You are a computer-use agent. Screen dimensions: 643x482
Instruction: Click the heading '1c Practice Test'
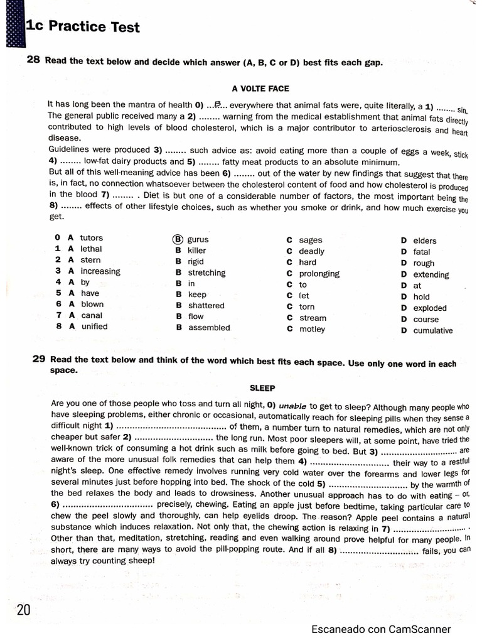point(82,27)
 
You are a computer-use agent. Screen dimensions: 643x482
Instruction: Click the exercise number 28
point(34,60)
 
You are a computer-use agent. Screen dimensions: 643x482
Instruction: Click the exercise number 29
point(39,359)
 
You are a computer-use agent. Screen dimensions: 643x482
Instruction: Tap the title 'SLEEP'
point(262,388)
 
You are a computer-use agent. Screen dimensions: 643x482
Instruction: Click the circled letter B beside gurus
point(178,239)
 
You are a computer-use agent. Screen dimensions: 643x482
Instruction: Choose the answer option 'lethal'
point(91,249)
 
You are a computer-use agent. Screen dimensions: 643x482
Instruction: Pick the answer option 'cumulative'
point(432,330)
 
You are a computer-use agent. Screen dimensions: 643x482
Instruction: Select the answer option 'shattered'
point(206,305)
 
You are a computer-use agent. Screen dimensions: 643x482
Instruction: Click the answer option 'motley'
point(312,329)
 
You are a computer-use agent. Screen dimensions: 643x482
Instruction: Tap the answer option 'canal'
point(92,315)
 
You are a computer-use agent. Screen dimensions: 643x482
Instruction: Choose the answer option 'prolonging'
point(319,274)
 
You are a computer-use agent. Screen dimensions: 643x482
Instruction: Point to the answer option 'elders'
point(425,240)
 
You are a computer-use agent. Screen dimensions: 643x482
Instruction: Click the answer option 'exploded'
point(430,308)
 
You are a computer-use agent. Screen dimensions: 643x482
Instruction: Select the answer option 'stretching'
point(206,273)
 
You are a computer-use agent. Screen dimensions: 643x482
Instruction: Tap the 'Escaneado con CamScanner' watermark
point(380,629)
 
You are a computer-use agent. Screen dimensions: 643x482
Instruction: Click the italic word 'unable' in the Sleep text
point(293,406)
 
